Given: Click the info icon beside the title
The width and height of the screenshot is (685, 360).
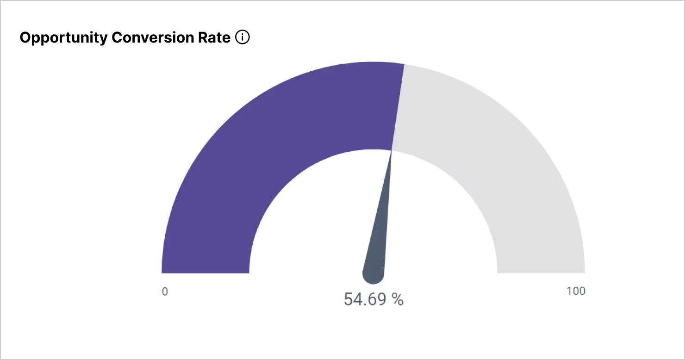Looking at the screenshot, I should pos(243,37).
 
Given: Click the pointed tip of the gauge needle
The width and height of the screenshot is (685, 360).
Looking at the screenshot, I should pos(392,152).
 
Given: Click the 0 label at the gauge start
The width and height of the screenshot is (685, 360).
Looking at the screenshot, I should pos(165,292).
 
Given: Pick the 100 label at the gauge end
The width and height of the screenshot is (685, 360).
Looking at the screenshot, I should pos(576,291).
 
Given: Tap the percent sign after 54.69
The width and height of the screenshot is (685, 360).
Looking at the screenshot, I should pos(398,299).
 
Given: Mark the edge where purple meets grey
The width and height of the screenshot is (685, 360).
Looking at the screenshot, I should pos(398,106).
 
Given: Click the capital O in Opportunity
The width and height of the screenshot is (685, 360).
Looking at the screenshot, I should pos(26,38).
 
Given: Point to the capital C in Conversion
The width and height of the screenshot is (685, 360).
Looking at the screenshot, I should pos(117,38).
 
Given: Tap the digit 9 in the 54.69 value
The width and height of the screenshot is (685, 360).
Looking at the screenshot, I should pos(381,299).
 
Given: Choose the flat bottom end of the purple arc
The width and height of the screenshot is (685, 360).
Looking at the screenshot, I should pos(205,272).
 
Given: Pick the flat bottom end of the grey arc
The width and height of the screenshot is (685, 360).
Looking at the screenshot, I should pos(541,272).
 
